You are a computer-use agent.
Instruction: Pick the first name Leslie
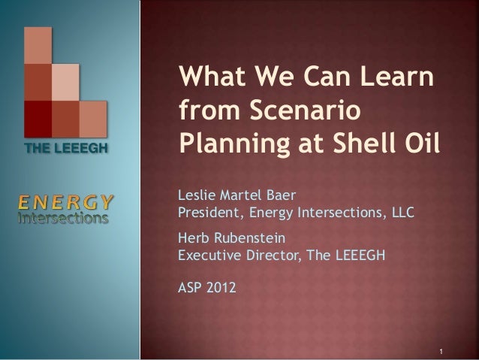194,197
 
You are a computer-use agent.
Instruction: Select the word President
206,212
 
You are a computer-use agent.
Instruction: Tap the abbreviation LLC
401,212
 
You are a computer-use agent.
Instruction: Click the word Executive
206,254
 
